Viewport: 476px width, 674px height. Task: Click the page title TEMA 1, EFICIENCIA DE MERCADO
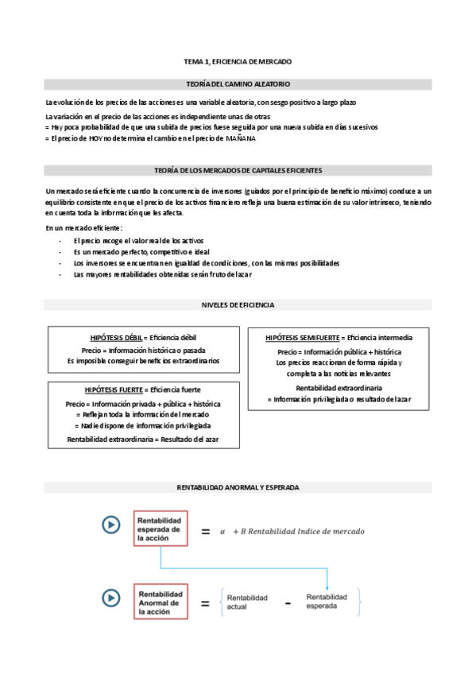pos(238,61)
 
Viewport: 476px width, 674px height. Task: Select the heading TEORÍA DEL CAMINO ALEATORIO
pos(238,83)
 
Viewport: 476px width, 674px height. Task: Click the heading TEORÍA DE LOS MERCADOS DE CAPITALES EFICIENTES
pos(238,170)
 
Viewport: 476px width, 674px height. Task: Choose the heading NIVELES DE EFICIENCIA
pos(238,305)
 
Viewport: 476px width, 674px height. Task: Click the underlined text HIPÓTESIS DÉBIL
pos(116,338)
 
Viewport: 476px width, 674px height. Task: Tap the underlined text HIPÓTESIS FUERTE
pos(113,390)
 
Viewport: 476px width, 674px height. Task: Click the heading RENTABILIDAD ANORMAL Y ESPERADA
pos(238,486)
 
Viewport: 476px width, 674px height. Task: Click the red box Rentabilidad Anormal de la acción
pos(160,602)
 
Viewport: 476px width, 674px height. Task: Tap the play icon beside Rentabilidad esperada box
pos(110,525)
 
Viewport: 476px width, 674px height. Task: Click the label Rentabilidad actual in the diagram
pos(247,602)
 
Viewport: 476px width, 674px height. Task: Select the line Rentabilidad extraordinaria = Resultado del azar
pos(143,440)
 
